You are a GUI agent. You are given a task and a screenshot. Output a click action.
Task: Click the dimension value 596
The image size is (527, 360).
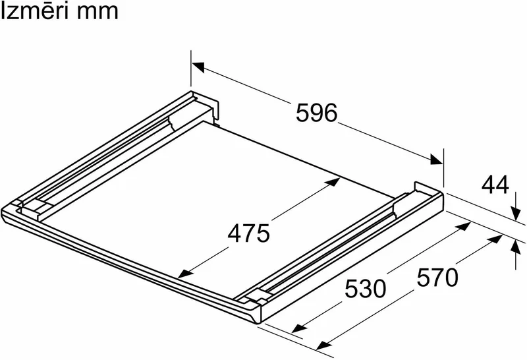[316, 113]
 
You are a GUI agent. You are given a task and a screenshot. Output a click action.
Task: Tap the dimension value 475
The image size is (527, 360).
[249, 233]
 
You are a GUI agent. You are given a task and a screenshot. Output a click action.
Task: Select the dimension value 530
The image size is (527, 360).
[366, 289]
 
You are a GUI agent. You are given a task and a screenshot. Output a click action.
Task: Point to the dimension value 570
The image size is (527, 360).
[437, 278]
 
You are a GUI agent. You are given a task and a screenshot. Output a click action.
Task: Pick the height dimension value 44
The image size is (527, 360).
[495, 185]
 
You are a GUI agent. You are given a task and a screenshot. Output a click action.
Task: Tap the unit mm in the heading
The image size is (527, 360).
[97, 13]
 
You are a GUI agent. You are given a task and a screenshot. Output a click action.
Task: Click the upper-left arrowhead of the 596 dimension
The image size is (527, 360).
[198, 67]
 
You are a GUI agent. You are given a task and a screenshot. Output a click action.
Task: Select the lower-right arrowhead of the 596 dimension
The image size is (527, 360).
[436, 159]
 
